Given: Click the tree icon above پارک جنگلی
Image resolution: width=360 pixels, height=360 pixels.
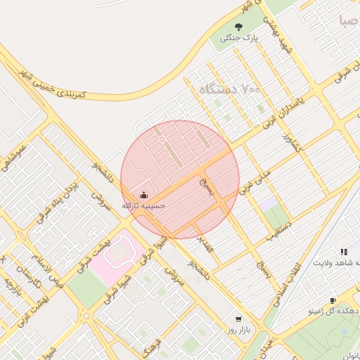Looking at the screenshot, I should (238, 27).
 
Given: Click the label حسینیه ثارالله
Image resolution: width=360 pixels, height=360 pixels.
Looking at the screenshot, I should (144, 206).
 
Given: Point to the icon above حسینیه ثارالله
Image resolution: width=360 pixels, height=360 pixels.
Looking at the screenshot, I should (144, 195).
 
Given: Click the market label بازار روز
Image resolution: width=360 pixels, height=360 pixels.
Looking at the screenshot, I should (234, 329).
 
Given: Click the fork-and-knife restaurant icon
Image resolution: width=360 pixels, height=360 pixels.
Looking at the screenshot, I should (344, 251).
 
